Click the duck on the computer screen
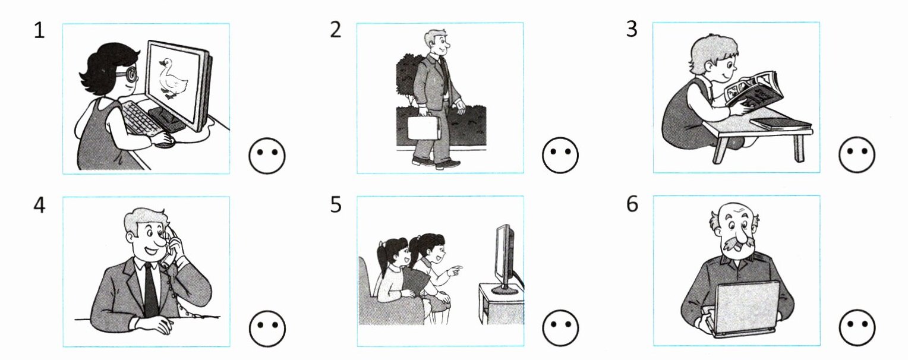[x=173, y=78]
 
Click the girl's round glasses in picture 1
[x=130, y=75]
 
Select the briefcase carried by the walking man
[x=424, y=128]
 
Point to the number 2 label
[x=336, y=30]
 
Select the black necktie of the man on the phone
[x=150, y=289]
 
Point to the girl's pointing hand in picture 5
[x=455, y=269]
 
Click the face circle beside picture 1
[x=267, y=156]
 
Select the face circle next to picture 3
[x=857, y=154]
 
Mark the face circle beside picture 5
[x=560, y=327]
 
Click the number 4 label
[x=39, y=205]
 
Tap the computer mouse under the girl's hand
[x=165, y=143]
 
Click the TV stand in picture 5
[x=501, y=304]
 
